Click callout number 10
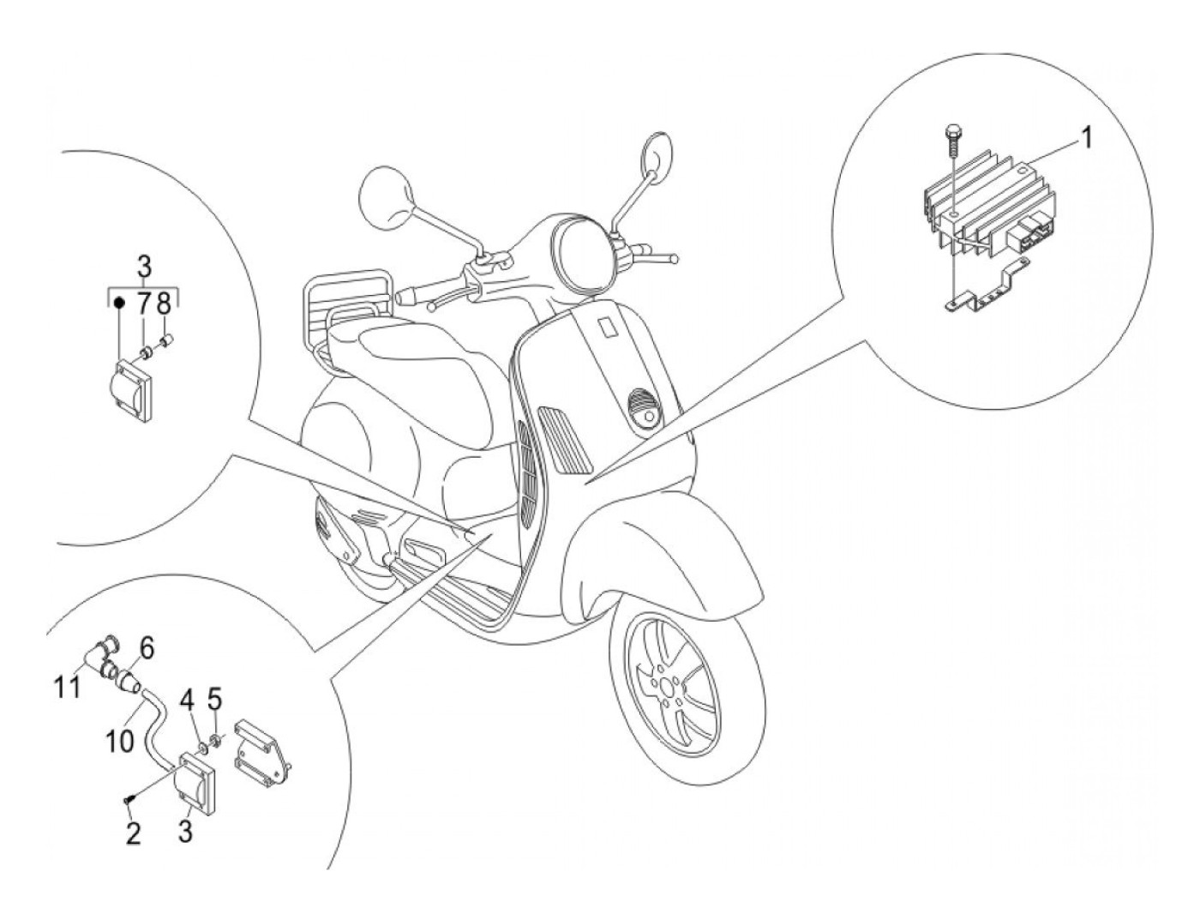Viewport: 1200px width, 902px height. point(121,739)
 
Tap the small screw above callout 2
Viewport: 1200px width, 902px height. point(128,799)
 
